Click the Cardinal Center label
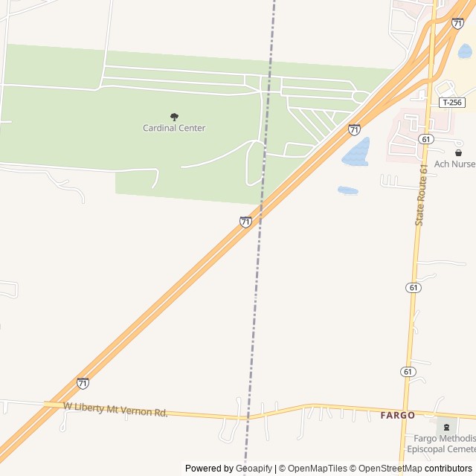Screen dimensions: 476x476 (x=174, y=128)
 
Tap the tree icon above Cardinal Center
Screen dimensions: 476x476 (x=174, y=117)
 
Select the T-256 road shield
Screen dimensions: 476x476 (x=450, y=103)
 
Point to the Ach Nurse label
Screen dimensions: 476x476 (x=454, y=164)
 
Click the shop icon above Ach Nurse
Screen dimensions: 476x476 (x=458, y=152)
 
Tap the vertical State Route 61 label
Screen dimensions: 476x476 (x=422, y=196)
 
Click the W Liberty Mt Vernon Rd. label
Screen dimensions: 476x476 (x=115, y=409)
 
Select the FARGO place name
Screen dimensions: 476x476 (x=397, y=415)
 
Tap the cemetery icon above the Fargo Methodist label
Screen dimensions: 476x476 (x=446, y=427)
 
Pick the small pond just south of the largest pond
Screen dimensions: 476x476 (x=347, y=190)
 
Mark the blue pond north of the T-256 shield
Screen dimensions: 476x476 (x=465, y=51)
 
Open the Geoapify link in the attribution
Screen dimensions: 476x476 (x=254, y=469)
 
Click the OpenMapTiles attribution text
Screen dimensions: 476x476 (x=318, y=469)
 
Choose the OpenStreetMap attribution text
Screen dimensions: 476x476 (x=386, y=469)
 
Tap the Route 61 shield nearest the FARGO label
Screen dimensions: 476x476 (x=408, y=371)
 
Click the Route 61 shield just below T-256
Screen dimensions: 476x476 (x=425, y=139)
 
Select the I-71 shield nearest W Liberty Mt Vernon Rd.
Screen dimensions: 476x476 (x=83, y=383)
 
